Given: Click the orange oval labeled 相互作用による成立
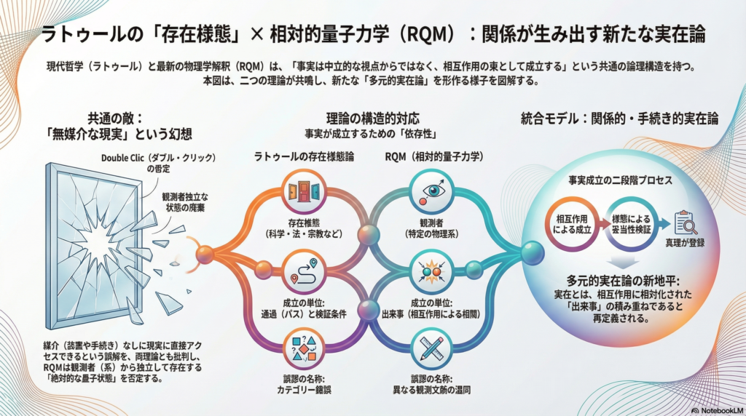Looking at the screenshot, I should (x=572, y=223).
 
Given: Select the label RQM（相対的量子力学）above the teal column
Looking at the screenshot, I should (x=433, y=156).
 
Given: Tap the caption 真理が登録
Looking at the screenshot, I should (x=685, y=243).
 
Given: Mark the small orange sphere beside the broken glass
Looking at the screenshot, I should (x=205, y=254).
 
